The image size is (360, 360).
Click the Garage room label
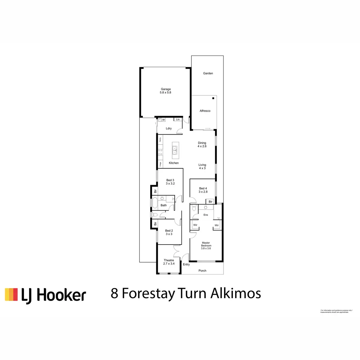(166, 89)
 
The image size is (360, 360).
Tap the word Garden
(208, 73)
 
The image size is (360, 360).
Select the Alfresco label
(205, 111)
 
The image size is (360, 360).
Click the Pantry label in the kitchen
(160, 139)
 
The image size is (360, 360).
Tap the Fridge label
(160, 164)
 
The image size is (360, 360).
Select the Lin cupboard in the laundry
(178, 119)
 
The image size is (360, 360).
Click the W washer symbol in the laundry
(163, 120)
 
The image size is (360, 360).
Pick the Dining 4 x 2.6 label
(202, 145)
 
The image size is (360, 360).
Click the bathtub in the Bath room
(155, 203)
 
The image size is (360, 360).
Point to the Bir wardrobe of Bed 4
(210, 202)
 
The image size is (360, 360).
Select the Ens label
(206, 215)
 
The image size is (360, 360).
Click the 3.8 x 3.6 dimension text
(206, 248)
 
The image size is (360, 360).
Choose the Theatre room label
(169, 260)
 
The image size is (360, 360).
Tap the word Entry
(186, 264)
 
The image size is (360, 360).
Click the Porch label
(202, 271)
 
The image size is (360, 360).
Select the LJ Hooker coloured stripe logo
(11, 295)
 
